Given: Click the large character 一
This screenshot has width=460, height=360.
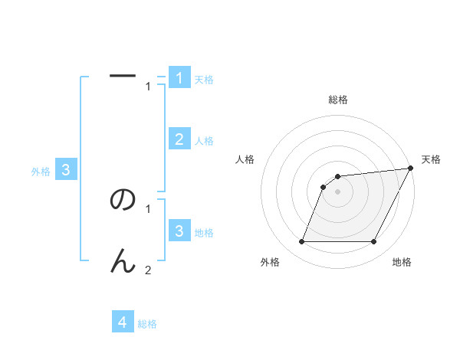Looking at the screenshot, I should click(123, 75).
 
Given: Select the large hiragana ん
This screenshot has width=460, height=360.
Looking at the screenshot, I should click(123, 262).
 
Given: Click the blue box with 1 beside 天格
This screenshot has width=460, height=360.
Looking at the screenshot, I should click(179, 78).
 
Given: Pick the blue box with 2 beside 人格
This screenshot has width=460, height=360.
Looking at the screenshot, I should click(179, 139).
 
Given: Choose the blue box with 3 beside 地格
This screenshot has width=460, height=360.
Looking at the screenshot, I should click(179, 231).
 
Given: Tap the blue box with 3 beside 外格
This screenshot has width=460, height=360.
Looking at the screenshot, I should click(66, 170).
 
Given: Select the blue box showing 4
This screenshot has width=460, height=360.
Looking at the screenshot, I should click(123, 322).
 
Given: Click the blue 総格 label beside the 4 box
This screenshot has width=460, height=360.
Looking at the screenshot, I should click(147, 324).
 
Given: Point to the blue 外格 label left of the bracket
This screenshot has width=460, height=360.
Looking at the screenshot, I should click(41, 172).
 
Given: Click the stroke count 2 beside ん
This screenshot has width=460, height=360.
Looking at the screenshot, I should click(148, 270).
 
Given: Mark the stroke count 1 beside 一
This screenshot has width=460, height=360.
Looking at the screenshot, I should click(148, 86).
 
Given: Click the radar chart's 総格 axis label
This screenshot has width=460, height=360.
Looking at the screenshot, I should click(338, 100).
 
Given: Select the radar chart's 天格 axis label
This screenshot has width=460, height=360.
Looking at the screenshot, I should click(432, 159).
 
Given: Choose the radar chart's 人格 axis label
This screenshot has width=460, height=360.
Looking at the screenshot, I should click(245, 159).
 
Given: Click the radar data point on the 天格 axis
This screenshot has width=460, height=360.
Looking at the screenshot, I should click(411, 168).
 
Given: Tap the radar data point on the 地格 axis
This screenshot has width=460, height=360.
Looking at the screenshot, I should click(374, 242).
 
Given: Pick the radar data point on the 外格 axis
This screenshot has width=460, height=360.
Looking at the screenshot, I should click(301, 242).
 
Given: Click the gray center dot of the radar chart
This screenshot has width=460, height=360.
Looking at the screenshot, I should click(338, 191).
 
